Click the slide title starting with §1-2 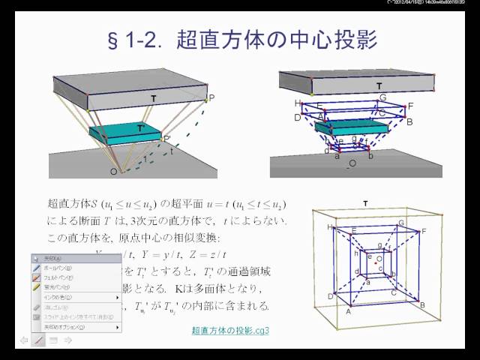pyautogui.click(x=239, y=39)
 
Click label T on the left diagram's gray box pyautogui.click(x=153, y=98)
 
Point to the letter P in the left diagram pyautogui.click(x=211, y=98)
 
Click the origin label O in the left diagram pyautogui.click(x=113, y=172)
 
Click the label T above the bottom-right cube pyautogui.click(x=365, y=203)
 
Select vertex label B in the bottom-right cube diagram pyautogui.click(x=423, y=304)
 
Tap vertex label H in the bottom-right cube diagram pyautogui.click(x=329, y=226)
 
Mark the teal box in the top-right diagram pyautogui.click(x=343, y=128)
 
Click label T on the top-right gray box pyautogui.click(x=379, y=85)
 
